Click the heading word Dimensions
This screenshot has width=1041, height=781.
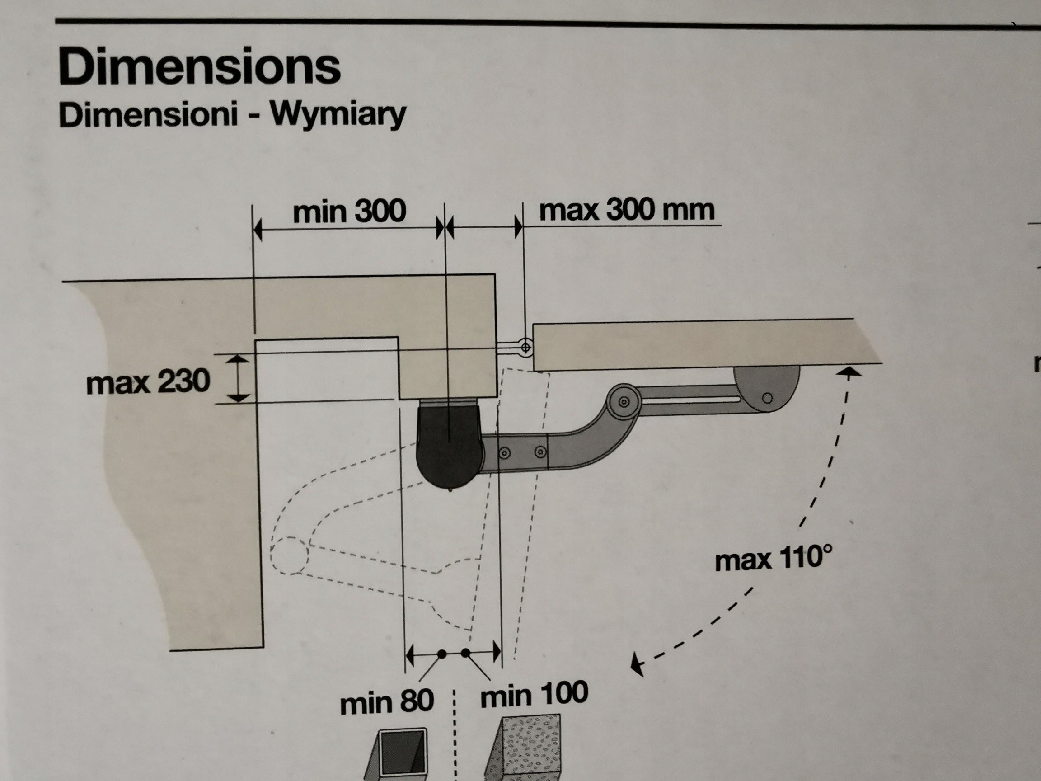tap(200, 67)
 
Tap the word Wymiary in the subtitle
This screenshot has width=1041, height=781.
tap(338, 114)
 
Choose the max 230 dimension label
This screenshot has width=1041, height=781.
tap(148, 381)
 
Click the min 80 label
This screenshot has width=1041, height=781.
tap(386, 703)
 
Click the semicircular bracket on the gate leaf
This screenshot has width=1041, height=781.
tap(766, 388)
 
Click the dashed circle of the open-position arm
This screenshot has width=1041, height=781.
tap(289, 555)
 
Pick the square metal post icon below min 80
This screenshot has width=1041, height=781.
tap(398, 754)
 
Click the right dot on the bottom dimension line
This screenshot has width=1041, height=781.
tap(465, 653)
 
